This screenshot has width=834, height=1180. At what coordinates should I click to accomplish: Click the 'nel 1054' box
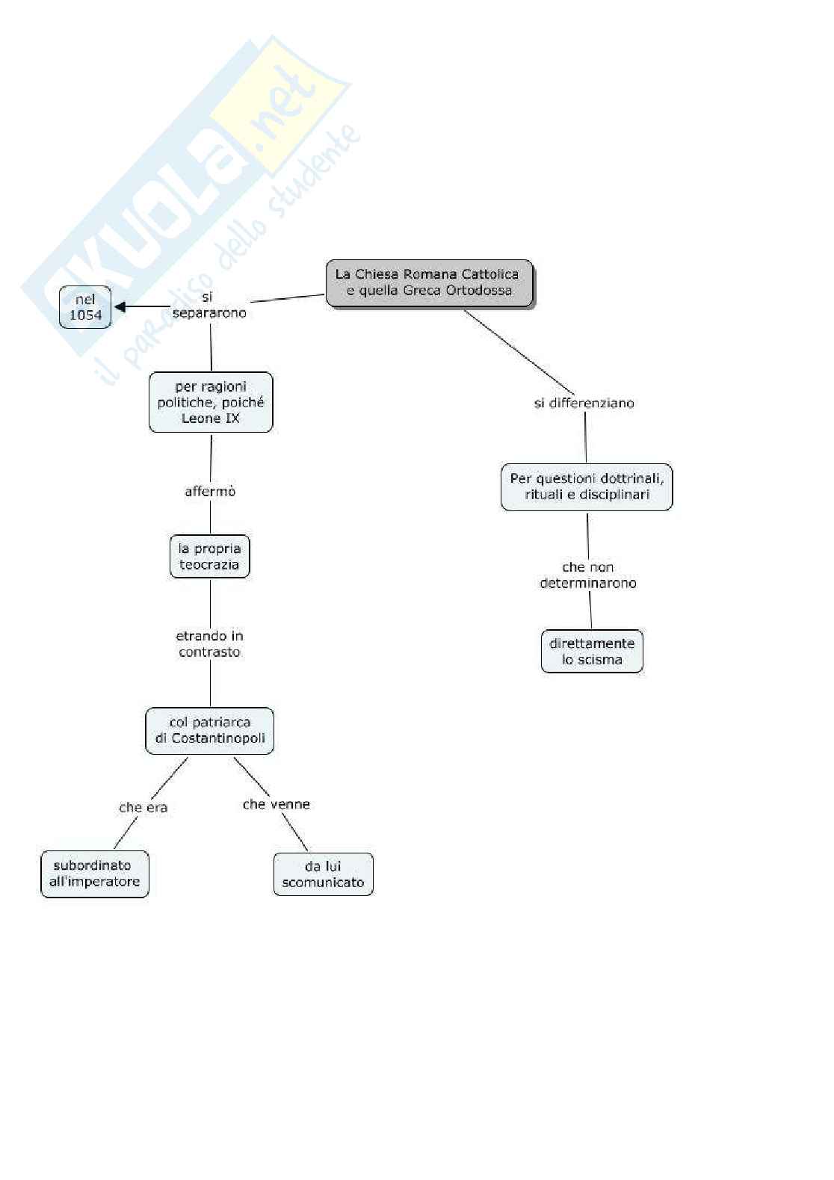pos(85,307)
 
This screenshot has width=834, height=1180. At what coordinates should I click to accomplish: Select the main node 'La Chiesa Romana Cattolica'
pos(429,282)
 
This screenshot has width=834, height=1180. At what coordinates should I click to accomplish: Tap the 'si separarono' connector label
pos(209,305)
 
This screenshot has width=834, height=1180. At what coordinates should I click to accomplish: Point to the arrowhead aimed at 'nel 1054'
pos(120,306)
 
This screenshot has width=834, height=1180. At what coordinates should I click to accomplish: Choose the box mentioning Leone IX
pos(211,402)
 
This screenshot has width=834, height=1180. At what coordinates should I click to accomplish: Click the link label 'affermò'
pos(210,491)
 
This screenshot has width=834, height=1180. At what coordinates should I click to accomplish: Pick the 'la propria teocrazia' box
pos(209,557)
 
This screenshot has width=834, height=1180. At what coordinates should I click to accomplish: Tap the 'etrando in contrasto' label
pos(209,643)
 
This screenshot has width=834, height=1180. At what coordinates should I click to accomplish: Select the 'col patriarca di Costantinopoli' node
pos(210,730)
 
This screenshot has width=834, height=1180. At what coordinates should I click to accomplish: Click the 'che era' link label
pos(143,807)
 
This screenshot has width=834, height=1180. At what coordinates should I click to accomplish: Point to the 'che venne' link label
pos(277,804)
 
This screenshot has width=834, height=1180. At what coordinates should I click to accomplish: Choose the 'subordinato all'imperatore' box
pos(95,874)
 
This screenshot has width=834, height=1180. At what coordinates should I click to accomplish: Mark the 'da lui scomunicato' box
pos(323,874)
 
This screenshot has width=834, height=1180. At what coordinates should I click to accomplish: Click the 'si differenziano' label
pos(584,403)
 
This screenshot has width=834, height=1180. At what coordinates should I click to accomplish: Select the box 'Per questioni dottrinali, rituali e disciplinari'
pos(587,486)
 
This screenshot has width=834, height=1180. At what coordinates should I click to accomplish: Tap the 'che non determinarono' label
pos(588,575)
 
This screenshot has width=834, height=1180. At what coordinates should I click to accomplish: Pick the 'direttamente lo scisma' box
pos(592,652)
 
